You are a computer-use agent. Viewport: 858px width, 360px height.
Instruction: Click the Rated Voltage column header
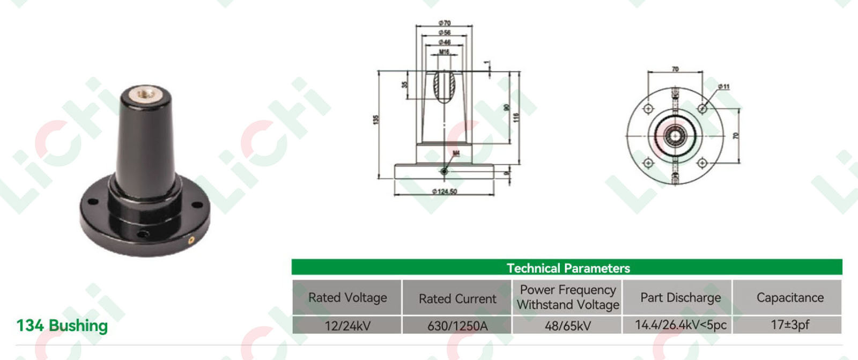(347, 298)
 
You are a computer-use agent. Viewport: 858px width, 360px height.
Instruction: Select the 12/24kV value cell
(347, 326)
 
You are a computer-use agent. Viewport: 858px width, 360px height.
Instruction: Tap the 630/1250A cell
(457, 326)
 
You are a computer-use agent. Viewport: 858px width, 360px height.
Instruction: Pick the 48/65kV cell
(568, 326)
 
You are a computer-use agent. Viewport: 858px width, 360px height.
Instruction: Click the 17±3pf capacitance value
(790, 325)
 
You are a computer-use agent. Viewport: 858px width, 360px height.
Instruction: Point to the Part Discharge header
(681, 298)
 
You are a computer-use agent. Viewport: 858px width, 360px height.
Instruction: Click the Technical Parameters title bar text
(568, 268)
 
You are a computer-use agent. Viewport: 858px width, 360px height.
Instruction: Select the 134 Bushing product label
(62, 326)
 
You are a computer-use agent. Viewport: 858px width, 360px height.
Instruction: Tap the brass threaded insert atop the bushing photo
(144, 95)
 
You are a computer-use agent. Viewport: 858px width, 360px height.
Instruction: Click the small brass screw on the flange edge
(190, 240)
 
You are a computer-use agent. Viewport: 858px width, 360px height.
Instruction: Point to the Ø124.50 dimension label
(445, 192)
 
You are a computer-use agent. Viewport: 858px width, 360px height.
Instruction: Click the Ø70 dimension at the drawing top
(445, 23)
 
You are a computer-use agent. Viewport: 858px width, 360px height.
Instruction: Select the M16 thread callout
(445, 52)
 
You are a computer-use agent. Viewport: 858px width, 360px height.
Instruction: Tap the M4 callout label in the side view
(456, 154)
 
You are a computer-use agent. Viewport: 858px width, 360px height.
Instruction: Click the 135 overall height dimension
(376, 119)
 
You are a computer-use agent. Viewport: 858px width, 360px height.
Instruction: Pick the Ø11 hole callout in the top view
(724, 86)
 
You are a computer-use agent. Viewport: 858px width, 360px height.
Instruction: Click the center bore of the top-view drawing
(675, 136)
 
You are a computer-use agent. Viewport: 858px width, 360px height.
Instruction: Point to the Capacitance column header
(790, 298)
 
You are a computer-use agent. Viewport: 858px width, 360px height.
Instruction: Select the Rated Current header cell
(457, 298)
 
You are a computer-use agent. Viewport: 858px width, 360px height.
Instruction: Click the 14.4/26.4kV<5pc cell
(681, 325)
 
